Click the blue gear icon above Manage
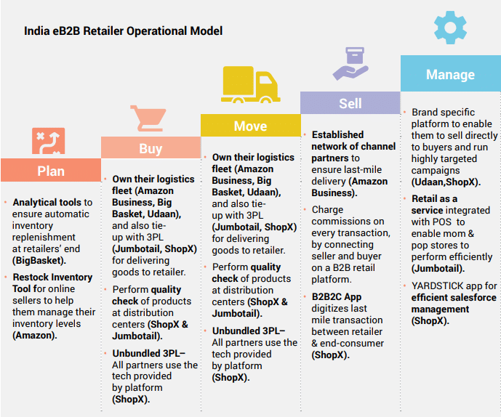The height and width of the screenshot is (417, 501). (x=450, y=28)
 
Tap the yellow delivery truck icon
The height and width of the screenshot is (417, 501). (x=250, y=84)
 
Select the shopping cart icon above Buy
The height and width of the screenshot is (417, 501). (x=148, y=118)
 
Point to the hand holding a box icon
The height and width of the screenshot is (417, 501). (x=350, y=64)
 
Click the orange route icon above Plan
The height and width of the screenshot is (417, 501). (x=48, y=141)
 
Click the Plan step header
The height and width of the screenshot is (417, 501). (x=51, y=170)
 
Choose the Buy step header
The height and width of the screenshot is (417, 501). (x=151, y=147)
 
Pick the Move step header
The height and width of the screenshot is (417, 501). (x=250, y=126)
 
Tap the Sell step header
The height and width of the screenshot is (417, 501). (x=350, y=103)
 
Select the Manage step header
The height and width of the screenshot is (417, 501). (x=451, y=74)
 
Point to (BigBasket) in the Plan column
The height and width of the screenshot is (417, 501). (x=39, y=261)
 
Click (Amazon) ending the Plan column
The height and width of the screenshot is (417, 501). (x=34, y=335)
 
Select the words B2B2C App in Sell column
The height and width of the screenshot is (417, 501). (x=337, y=296)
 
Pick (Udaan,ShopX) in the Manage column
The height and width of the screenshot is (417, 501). (x=446, y=182)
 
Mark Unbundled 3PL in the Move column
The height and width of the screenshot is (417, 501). (x=248, y=331)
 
